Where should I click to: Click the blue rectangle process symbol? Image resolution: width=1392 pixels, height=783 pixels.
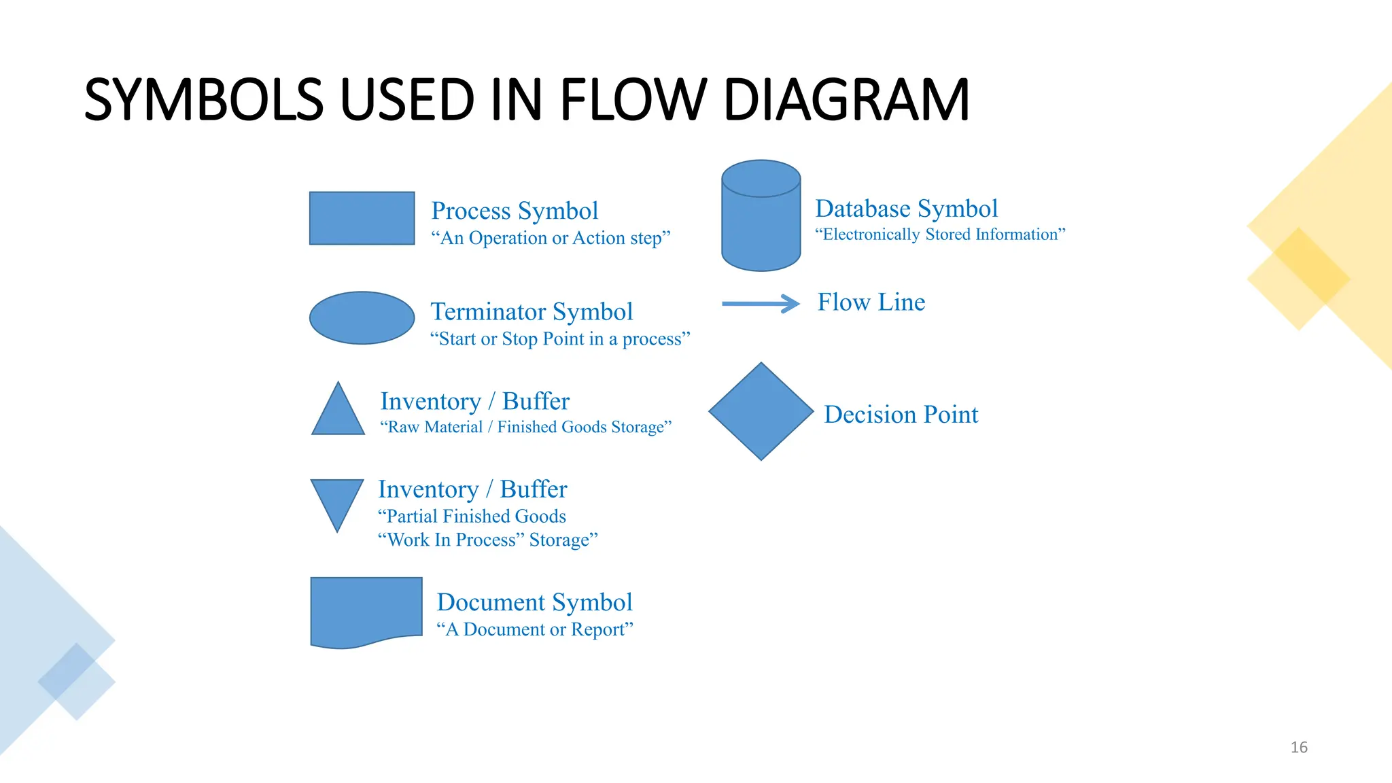click(362, 218)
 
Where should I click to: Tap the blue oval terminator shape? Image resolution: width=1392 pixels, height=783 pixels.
click(362, 318)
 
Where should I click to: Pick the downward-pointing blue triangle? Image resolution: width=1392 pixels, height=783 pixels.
click(337, 500)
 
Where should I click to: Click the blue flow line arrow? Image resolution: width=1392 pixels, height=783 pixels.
click(761, 304)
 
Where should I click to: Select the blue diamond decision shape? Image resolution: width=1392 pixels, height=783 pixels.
click(761, 411)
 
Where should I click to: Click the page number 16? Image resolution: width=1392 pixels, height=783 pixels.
click(1299, 748)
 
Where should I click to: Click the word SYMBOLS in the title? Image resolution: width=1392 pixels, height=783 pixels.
click(203, 101)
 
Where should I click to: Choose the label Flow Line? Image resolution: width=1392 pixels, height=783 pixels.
click(871, 302)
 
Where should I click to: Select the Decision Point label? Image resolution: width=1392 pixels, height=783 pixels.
click(901, 415)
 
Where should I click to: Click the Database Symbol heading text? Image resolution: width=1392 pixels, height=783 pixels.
click(906, 209)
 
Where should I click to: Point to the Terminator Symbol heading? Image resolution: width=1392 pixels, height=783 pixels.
click(532, 312)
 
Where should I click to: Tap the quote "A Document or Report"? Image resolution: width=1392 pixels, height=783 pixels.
click(534, 629)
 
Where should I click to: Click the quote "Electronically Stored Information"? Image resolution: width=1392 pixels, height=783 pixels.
click(940, 234)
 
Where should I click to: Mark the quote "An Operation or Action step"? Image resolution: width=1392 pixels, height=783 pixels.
click(551, 239)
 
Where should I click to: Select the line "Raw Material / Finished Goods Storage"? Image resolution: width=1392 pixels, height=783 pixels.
click(525, 428)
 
